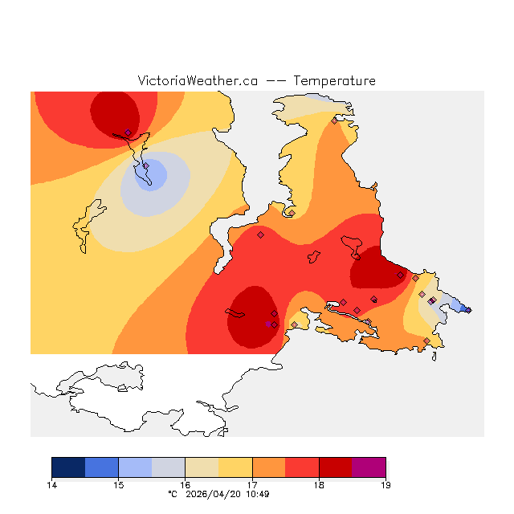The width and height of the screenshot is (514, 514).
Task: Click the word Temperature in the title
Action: [x=334, y=81]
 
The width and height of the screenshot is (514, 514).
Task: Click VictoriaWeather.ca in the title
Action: [x=198, y=81]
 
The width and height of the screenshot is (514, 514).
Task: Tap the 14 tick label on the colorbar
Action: [x=51, y=485]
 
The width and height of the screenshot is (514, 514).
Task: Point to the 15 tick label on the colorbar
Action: [x=118, y=485]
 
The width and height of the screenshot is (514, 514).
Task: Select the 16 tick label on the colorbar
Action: [x=185, y=485]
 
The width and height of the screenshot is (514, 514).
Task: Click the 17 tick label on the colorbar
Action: [x=252, y=485]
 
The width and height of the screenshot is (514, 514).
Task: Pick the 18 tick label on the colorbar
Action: [x=319, y=485]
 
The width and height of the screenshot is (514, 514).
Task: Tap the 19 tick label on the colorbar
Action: [x=385, y=485]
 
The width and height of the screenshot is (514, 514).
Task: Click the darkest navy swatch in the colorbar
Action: [x=68, y=467]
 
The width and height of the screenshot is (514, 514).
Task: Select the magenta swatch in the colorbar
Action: [x=369, y=467]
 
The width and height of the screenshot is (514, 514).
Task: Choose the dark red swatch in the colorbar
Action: [x=336, y=467]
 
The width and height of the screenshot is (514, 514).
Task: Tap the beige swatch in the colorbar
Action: [x=202, y=467]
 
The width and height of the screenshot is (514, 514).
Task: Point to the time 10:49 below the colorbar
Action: [x=257, y=495]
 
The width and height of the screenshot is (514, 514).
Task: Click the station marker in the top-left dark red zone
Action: [x=128, y=133]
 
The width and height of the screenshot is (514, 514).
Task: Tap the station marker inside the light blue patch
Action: [x=146, y=165]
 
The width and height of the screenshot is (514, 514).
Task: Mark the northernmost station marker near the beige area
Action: [x=335, y=121]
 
